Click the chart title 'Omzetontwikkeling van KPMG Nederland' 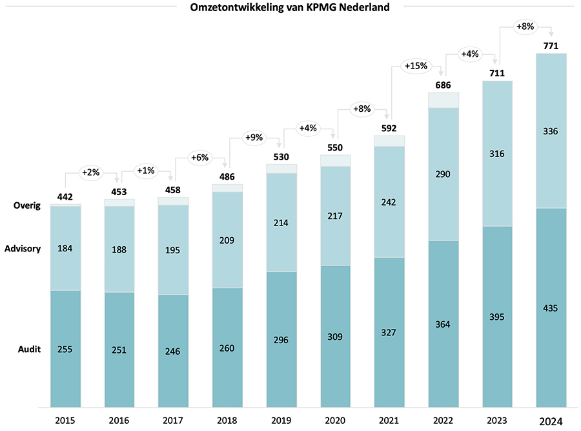tap(290, 7)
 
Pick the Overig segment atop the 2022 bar tap(443, 100)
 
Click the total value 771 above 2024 tap(551, 45)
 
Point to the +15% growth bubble tap(416, 66)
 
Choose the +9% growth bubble tap(254, 137)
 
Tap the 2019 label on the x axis tap(281, 420)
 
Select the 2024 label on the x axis tap(551, 421)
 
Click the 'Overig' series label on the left tap(27, 206)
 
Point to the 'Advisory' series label tap(23, 249)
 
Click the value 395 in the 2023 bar tap(496, 317)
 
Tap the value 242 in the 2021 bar tap(389, 202)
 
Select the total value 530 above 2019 tap(281, 156)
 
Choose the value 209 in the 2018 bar tap(227, 240)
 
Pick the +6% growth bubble tap(200, 157)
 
